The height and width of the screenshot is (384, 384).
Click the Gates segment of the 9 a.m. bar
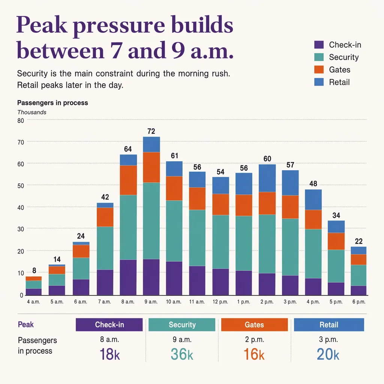tap(151, 168)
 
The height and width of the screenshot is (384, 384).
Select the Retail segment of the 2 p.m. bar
tap(267, 178)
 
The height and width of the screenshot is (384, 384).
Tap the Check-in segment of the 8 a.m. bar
tap(128, 277)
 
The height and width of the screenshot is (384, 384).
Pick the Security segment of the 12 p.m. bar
tap(220, 242)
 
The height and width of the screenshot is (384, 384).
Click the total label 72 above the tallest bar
tap(151, 131)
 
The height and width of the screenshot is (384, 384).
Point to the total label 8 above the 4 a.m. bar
tap(34, 270)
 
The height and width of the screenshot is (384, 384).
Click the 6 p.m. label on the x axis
tap(359, 302)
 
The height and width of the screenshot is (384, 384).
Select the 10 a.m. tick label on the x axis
tap(174, 302)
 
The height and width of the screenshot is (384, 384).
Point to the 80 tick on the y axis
tap(21, 121)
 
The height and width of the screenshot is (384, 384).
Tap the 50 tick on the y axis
tap(21, 186)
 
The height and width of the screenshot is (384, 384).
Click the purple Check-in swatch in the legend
tap(319, 45)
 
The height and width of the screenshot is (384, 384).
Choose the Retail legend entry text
tap(339, 82)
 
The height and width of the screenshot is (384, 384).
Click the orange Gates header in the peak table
tap(255, 325)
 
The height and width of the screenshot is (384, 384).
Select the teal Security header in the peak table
tap(182, 325)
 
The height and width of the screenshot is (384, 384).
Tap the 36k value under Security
tap(182, 354)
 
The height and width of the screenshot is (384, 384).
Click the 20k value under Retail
tap(328, 354)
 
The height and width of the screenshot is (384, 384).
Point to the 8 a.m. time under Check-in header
tap(109, 339)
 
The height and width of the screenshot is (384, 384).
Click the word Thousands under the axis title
tap(32, 112)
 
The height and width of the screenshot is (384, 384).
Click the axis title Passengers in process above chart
tap(52, 103)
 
